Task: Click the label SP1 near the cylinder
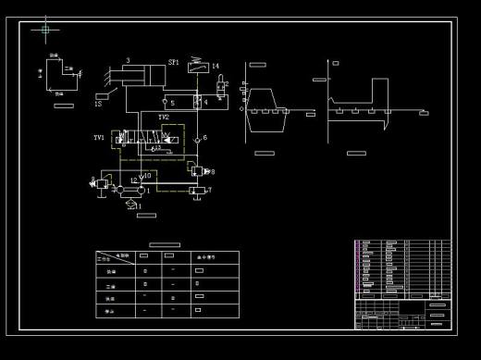click(174, 63)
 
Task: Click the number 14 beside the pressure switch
click(216, 67)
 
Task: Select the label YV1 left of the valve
click(99, 138)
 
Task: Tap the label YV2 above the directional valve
click(164, 118)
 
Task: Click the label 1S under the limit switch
click(98, 105)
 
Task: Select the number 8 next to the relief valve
click(212, 171)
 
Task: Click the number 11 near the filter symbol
click(138, 206)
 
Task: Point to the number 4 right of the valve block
click(205, 102)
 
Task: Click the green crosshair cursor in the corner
click(44, 31)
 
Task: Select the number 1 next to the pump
click(149, 190)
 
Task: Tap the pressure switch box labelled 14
click(195, 66)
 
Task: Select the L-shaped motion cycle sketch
click(61, 76)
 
